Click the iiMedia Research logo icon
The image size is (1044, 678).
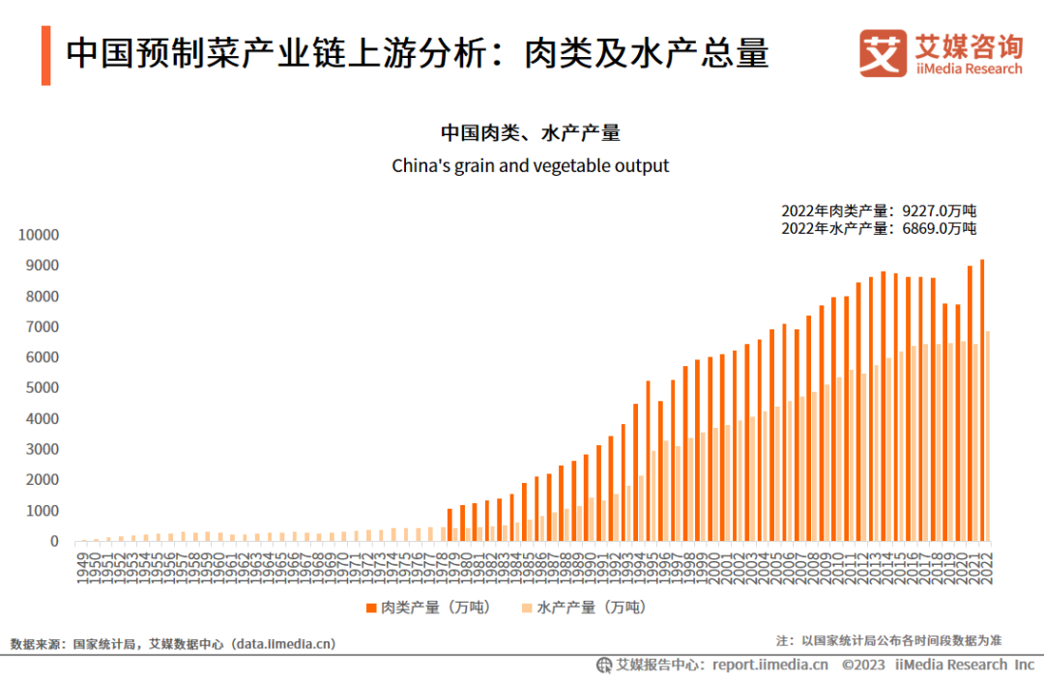883,53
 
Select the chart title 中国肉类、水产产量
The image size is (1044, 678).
530,132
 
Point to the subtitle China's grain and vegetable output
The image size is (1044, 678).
530,165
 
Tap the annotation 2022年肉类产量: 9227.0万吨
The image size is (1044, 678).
879,211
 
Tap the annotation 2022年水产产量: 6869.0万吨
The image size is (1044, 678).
879,228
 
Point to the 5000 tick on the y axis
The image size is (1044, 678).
43,388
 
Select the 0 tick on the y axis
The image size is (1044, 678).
55,542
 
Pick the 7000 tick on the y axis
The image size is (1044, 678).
43,326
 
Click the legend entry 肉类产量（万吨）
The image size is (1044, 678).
426,607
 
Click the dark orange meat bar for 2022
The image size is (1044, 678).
982,401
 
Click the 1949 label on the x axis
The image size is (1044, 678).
84,563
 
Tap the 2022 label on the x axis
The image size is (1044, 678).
985,563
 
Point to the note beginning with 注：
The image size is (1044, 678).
888,640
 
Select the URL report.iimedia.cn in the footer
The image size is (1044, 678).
769,664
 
